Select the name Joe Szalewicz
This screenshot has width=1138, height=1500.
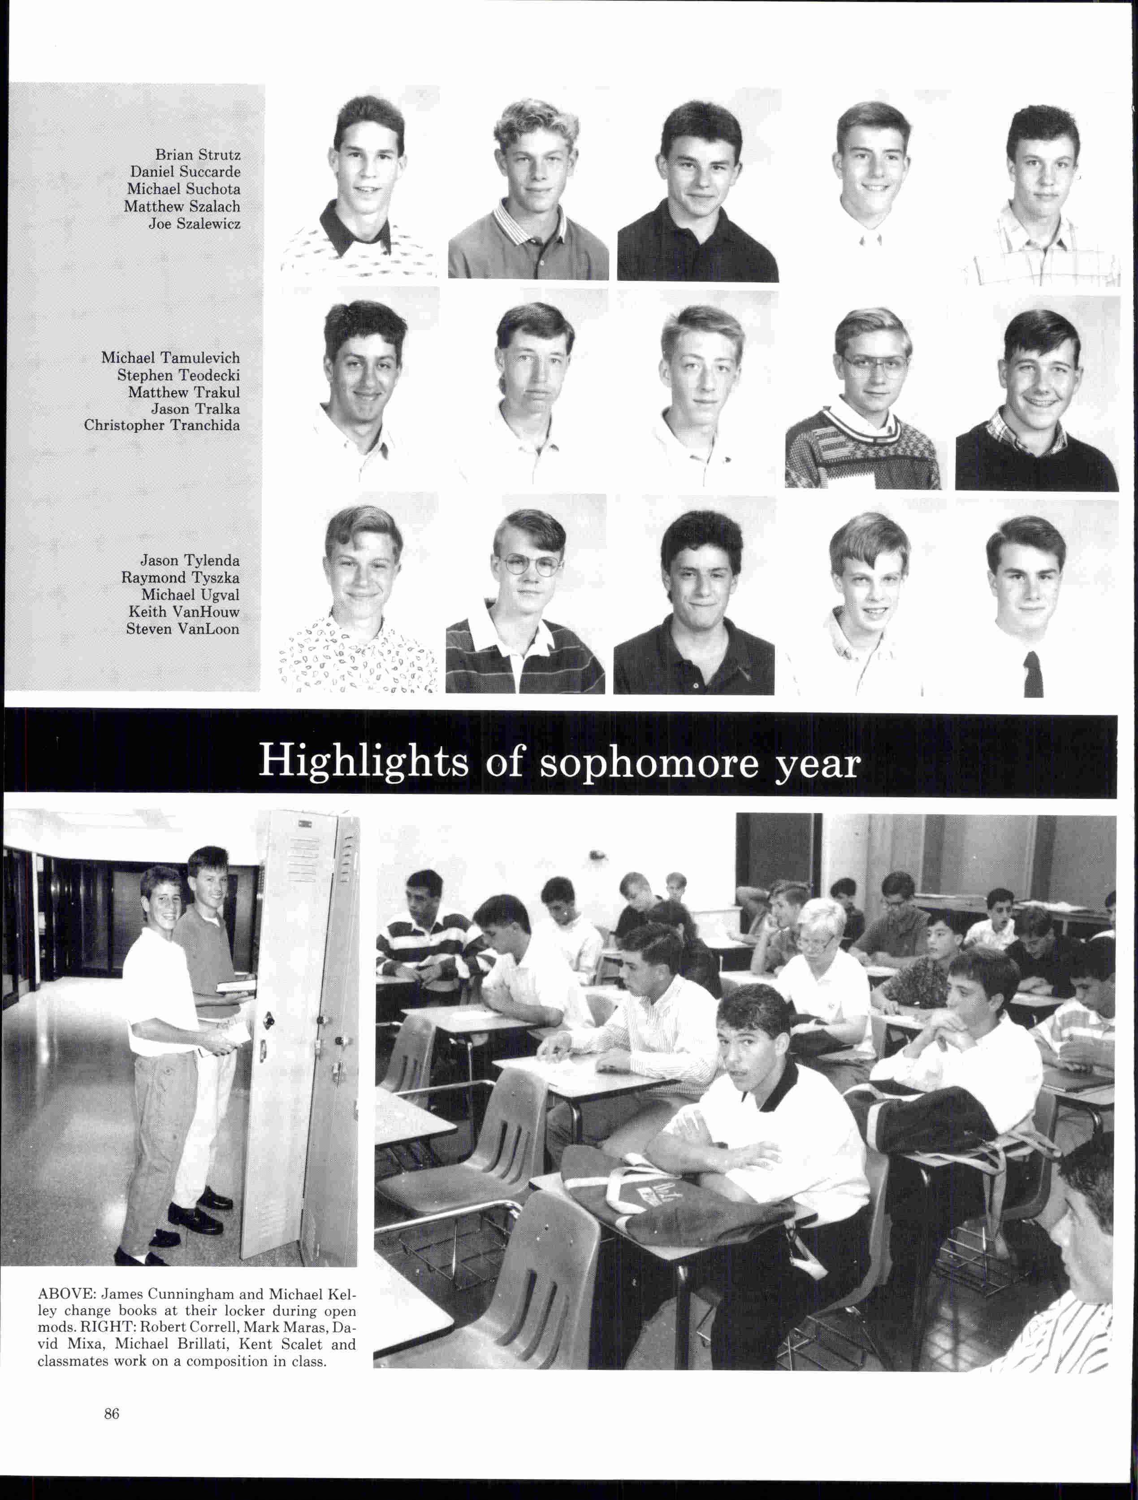(x=195, y=224)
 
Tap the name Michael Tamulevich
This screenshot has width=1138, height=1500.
(x=170, y=357)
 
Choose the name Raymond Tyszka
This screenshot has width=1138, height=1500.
(x=180, y=578)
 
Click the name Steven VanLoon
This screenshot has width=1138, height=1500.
(x=182, y=629)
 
